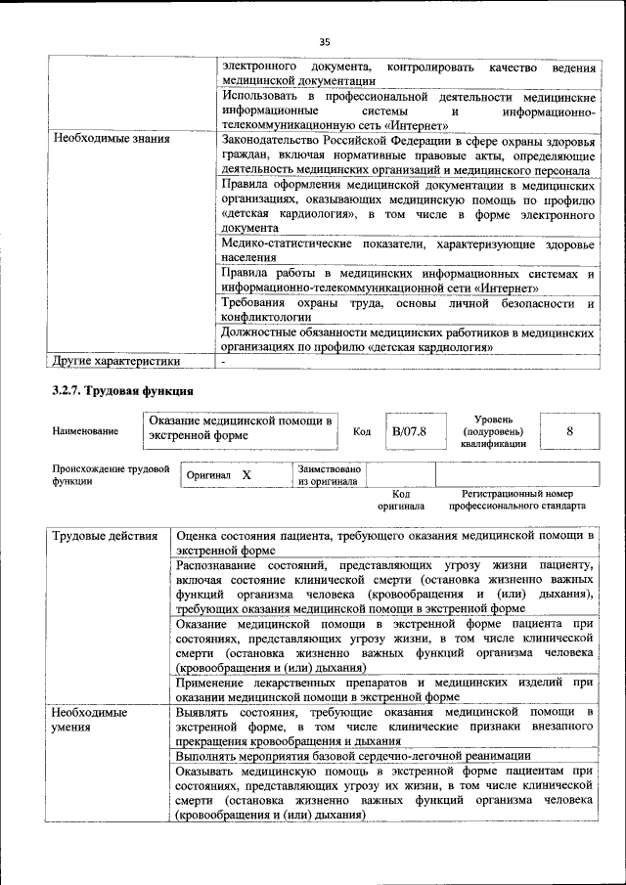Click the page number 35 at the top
325,41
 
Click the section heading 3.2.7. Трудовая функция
114,392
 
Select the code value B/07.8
410,431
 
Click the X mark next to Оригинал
246,475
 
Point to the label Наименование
86,431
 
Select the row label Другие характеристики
116,361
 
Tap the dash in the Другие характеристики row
224,361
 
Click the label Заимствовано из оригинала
330,475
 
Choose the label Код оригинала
400,501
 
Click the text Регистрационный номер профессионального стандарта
517,501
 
